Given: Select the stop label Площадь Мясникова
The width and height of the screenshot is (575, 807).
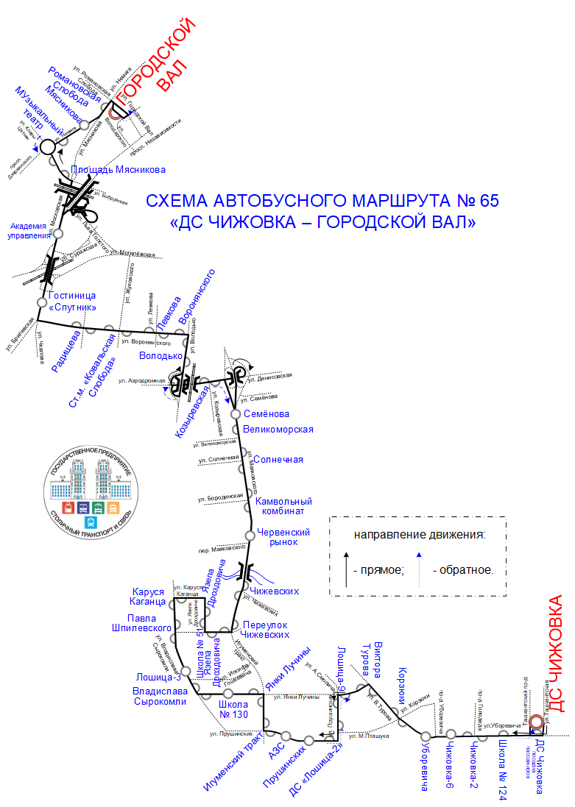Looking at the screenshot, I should [119, 169].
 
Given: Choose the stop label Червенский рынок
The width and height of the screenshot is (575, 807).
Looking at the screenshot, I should [283, 537].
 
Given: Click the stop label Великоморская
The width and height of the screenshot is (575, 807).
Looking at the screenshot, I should [278, 430].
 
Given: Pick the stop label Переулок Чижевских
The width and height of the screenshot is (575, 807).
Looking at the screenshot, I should [266, 629].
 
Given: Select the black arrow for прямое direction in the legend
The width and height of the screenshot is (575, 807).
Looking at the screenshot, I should [345, 569].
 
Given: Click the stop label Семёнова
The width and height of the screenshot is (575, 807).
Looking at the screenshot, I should [266, 414].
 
